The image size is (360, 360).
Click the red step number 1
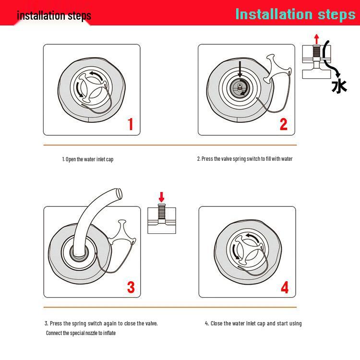[x=131, y=124]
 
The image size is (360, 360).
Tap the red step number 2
[x=284, y=124]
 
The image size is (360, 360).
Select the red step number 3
[x=131, y=287]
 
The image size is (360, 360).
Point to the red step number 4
[x=285, y=287]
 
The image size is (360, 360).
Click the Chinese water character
[x=339, y=86]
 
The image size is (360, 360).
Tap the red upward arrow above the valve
[x=317, y=39]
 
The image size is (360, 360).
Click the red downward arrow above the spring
[x=161, y=197]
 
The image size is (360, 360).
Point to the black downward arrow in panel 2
[x=240, y=69]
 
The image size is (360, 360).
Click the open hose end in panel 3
[x=119, y=194]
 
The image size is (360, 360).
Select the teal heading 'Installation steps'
[x=296, y=14]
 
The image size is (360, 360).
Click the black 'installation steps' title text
[x=54, y=16]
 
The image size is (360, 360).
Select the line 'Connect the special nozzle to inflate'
[x=81, y=333]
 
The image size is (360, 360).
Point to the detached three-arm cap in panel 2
[x=276, y=69]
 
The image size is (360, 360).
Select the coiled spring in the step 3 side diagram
[x=161, y=212]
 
